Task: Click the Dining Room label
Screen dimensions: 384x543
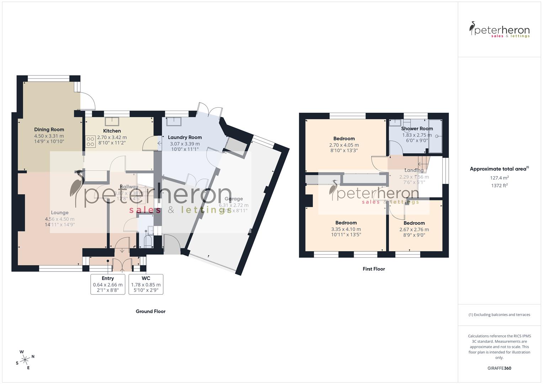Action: click(x=49, y=130)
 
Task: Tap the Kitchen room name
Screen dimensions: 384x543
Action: click(x=112, y=131)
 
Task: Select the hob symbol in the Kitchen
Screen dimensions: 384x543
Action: click(x=90, y=142)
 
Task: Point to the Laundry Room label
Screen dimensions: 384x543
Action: click(x=185, y=137)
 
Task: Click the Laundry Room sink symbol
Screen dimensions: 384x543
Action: click(x=174, y=121)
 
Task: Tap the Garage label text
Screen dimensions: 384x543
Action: click(x=234, y=199)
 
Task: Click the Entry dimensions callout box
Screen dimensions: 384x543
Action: click(x=108, y=284)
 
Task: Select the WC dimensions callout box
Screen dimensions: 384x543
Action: click(x=146, y=284)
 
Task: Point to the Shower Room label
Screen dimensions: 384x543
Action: click(x=417, y=129)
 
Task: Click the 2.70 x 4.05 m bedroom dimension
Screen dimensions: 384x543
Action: click(x=344, y=145)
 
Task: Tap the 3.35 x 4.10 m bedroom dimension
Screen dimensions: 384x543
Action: click(x=346, y=229)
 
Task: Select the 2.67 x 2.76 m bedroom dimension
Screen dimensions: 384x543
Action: click(x=414, y=230)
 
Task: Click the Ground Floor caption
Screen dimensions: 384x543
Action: click(x=150, y=311)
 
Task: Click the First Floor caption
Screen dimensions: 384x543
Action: click(x=374, y=269)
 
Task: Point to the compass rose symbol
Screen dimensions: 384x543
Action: click(x=25, y=359)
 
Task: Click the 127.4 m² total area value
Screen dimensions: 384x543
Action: click(x=499, y=178)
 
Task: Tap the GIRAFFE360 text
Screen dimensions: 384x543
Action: click(x=499, y=368)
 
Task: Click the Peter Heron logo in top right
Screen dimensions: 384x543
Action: click(x=499, y=30)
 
